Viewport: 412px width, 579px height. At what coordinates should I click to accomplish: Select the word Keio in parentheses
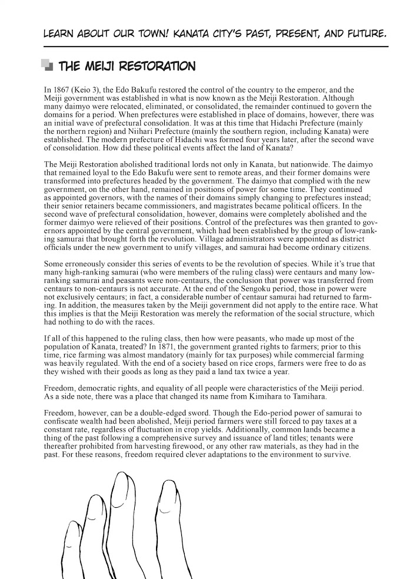click(82, 90)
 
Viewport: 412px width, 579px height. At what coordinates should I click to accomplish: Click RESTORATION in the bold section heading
click(157, 65)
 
